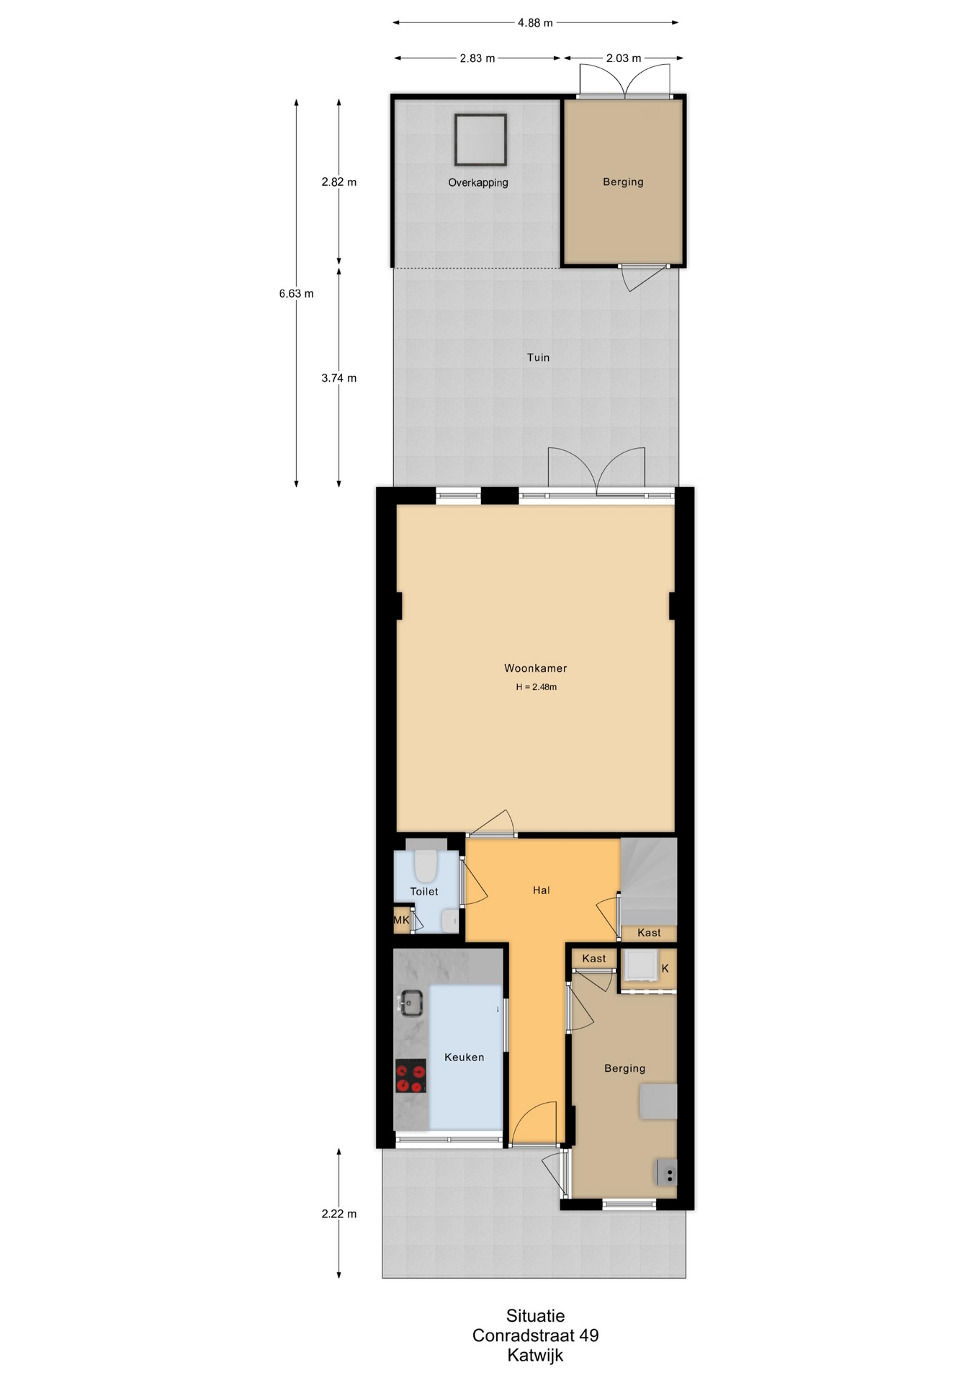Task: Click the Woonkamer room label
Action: (535, 668)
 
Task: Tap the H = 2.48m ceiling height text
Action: (536, 687)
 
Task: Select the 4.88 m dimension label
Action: (535, 23)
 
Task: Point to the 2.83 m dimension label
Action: (477, 58)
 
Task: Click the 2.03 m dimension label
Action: (624, 58)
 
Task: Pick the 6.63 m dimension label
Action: (296, 294)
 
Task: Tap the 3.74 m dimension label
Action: (338, 378)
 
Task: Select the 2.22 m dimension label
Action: (338, 1214)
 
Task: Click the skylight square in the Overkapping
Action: (480, 140)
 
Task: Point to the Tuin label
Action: (538, 357)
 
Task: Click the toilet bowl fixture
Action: (426, 865)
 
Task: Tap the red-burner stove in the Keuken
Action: (411, 1076)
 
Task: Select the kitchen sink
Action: (411, 1003)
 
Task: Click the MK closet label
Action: (401, 920)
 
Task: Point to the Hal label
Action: (542, 890)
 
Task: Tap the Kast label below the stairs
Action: (649, 933)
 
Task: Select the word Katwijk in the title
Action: (535, 1355)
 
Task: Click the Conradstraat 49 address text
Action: (535, 1335)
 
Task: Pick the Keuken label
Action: (464, 1057)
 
